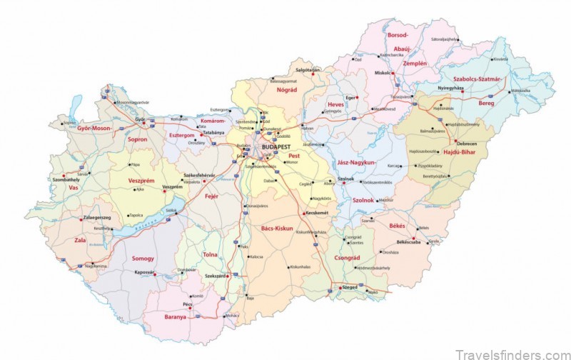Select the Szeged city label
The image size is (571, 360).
(349, 286)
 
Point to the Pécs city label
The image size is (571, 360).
(188, 304)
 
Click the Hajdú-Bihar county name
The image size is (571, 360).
(459, 152)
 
